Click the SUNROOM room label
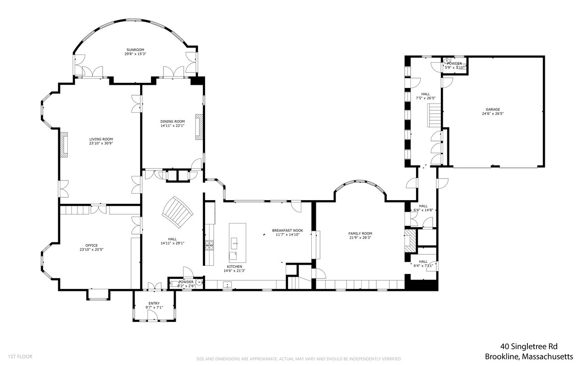pos(135,50)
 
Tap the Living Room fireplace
pos(64,145)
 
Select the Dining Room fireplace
pos(199,127)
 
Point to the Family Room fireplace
pos(410,241)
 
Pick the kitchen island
pos(238,243)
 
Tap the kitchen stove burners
pos(209,246)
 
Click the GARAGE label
pos(493,109)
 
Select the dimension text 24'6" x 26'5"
pos(493,114)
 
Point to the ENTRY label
pos(154,303)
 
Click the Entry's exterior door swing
pos(152,316)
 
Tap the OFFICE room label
pos(92,246)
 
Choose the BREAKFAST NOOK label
pos(288,230)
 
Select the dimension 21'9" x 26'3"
pos(360,238)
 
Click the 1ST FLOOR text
pos(21,356)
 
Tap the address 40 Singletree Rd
pos(529,347)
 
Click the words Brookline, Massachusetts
pos(529,356)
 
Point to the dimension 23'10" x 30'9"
pos(101,143)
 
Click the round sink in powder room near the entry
pos(199,282)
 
